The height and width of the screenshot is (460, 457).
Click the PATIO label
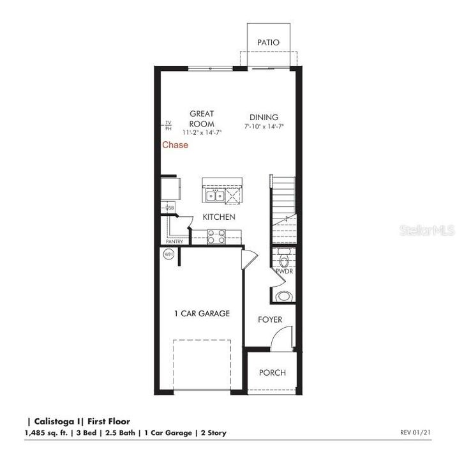269,42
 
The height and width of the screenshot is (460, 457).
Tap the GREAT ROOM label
202,119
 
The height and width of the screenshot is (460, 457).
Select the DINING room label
264,117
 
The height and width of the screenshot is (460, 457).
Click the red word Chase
175,145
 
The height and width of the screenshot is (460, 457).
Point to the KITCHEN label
219,217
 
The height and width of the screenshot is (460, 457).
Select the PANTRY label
174,241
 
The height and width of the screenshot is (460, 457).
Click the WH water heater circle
169,254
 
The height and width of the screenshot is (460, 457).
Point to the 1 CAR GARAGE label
202,314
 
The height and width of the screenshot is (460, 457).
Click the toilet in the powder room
285,260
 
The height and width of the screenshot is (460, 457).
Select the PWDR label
284,272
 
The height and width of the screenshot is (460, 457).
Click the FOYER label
270,319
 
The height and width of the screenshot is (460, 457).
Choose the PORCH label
273,373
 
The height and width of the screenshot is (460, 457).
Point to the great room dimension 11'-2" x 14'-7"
202,132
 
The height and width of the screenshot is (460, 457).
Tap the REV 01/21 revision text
416,433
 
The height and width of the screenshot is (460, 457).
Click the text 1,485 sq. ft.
48,433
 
